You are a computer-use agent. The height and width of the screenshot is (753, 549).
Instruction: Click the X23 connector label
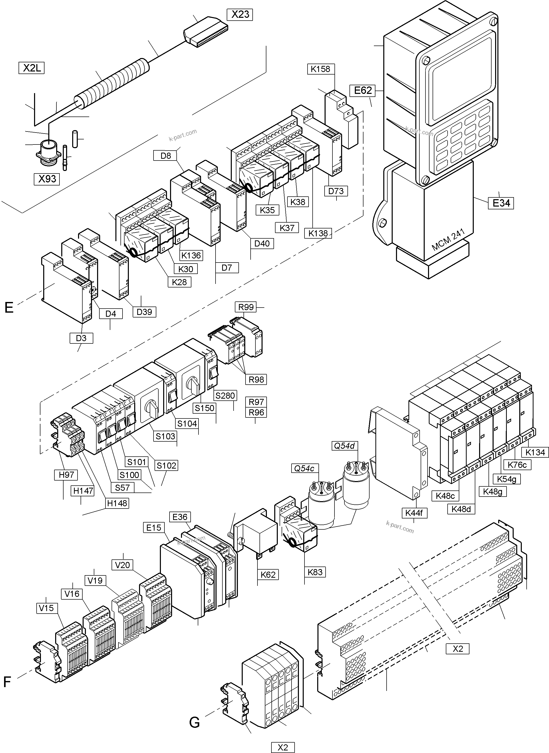pyautogui.click(x=240, y=15)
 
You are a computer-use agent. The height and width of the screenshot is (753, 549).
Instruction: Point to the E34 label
pyautogui.click(x=501, y=203)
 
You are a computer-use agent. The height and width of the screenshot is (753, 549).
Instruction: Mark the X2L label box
pyautogui.click(x=32, y=68)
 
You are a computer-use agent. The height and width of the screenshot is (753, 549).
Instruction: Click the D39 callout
pyautogui.click(x=144, y=312)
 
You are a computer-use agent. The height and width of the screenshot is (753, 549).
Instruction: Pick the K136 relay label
pyautogui.click(x=191, y=255)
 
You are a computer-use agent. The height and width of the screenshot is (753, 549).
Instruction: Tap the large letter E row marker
pyautogui.click(x=9, y=308)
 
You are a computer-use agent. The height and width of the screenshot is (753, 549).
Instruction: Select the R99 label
pyautogui.click(x=246, y=307)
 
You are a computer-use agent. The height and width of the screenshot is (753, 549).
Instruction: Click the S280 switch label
pyautogui.click(x=225, y=396)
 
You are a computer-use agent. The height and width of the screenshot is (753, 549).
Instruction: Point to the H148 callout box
pyautogui.click(x=117, y=503)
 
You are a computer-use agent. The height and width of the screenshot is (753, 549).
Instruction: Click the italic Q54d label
pyautogui.click(x=344, y=446)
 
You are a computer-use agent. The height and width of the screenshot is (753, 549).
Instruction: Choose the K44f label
pyautogui.click(x=414, y=513)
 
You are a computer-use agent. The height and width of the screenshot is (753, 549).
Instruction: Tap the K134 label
pyautogui.click(x=535, y=452)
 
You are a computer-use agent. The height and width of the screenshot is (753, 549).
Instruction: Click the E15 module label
pyautogui.click(x=154, y=528)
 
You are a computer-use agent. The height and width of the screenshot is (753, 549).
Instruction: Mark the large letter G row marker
pyautogui.click(x=194, y=722)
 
